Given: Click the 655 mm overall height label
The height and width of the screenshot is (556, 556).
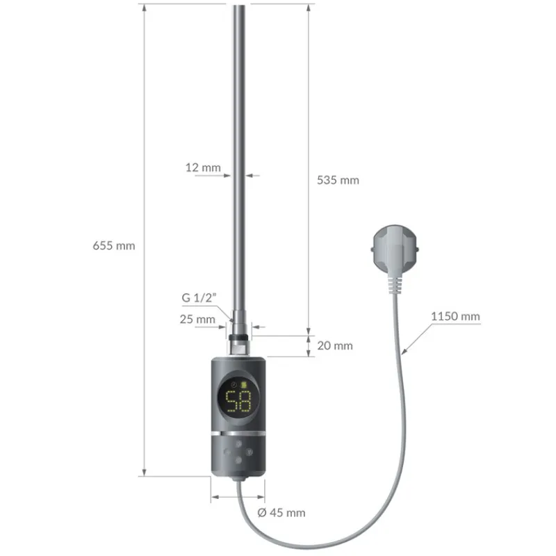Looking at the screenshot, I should [x=113, y=245].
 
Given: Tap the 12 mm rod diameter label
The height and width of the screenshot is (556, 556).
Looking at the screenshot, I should [x=203, y=167].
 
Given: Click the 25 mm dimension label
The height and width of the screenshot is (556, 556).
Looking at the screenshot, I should [x=198, y=319].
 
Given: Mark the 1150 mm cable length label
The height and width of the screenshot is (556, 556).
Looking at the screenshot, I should [x=455, y=316].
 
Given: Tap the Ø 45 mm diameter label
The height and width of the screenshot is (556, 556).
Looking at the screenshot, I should [x=281, y=513].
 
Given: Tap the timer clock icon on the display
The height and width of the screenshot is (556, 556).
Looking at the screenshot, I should [x=234, y=384].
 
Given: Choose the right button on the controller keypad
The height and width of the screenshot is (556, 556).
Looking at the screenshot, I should [x=248, y=450].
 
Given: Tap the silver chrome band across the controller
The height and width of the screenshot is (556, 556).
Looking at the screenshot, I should [x=238, y=432].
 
